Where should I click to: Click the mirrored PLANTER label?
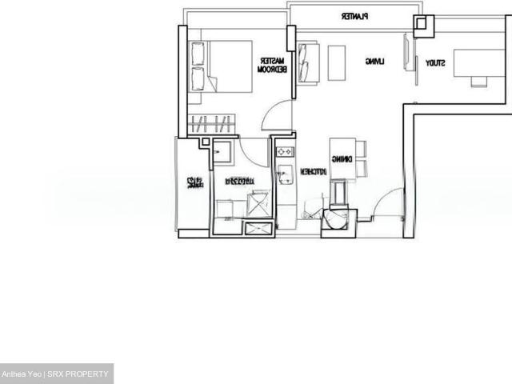tap(353, 15)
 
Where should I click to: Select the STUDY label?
tap(434, 62)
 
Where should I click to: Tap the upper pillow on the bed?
tap(198, 54)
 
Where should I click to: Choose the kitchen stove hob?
tap(285, 150)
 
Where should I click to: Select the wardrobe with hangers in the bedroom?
tap(212, 124)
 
